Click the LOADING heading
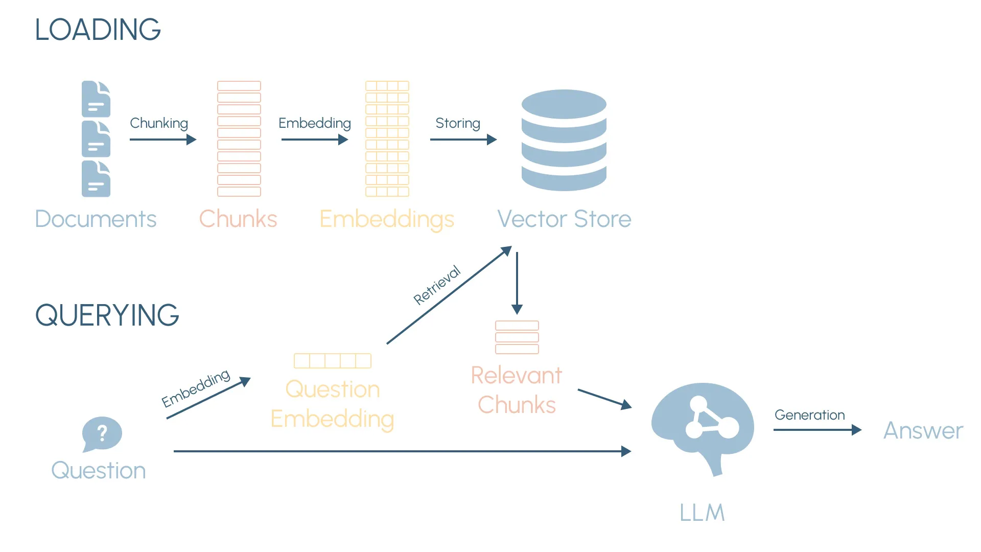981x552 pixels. [98, 30]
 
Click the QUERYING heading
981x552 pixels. [107, 315]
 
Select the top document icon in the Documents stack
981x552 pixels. [96, 99]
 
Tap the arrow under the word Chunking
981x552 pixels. [162, 140]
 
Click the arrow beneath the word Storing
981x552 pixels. [463, 140]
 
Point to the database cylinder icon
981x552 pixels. [564, 140]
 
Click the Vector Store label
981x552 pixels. [564, 219]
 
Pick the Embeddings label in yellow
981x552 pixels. [387, 219]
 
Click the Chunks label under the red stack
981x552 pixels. [238, 219]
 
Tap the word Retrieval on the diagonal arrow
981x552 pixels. [437, 285]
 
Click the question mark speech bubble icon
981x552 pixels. [102, 434]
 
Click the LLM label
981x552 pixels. [702, 513]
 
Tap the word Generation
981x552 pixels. [809, 415]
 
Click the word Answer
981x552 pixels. [923, 430]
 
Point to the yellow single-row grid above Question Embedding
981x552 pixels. [333, 361]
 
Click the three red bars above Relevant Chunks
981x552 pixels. [517, 337]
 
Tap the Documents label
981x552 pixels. [96, 219]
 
